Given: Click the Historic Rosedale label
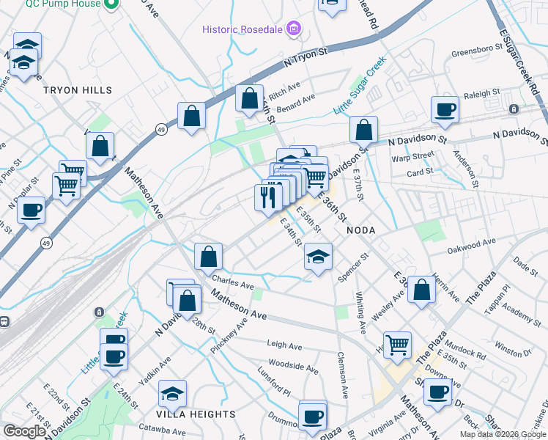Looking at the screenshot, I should [x=243, y=29].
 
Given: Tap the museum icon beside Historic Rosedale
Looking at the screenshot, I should [x=294, y=29].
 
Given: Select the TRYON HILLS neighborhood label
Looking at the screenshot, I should [x=78, y=90].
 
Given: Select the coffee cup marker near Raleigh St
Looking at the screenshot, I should [x=445, y=110].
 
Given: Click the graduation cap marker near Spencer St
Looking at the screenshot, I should [x=317, y=258].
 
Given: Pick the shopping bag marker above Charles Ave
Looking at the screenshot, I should [x=208, y=257].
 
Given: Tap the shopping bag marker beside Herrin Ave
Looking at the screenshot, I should [x=421, y=289].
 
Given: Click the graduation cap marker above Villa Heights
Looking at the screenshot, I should [x=172, y=394].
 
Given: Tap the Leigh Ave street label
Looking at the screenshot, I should [x=284, y=345].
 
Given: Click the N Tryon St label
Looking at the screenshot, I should [x=306, y=56].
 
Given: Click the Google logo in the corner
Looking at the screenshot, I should [x=23, y=431].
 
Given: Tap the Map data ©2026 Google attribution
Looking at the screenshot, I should [x=503, y=434].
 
